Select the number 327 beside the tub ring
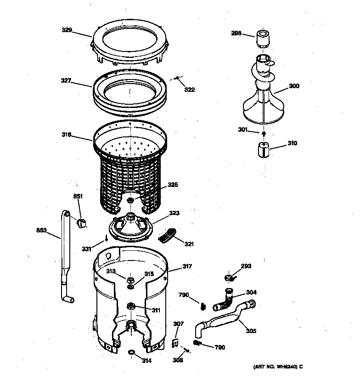[x=66, y=80]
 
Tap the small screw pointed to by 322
[x=177, y=79]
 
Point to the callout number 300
[x=294, y=86]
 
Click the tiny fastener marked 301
[x=264, y=134]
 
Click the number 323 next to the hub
[x=174, y=213]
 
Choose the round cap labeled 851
[x=81, y=223]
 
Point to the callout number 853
[x=42, y=230]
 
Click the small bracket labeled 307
[x=175, y=342]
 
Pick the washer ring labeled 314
[x=131, y=352]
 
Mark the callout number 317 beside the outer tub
[x=187, y=266]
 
